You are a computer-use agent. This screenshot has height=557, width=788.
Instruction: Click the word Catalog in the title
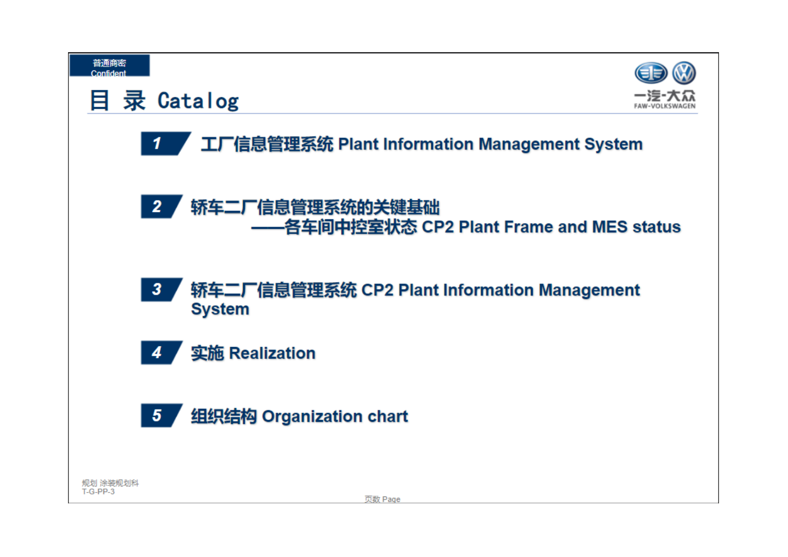coord(198,101)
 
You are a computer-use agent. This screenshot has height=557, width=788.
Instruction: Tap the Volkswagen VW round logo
coord(684,73)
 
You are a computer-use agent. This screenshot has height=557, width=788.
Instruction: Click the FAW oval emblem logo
coord(651,73)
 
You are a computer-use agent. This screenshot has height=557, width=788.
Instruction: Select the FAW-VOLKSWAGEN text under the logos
coord(664,106)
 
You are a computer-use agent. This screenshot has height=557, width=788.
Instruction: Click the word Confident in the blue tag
coord(108,73)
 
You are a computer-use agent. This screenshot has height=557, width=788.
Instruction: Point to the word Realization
coord(272,353)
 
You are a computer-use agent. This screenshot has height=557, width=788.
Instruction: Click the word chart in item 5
coord(387,416)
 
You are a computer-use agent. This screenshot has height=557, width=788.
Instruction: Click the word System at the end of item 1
coord(613,144)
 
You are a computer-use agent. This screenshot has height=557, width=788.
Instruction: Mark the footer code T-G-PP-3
coord(98,491)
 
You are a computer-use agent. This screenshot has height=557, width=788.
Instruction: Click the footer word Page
coord(391,499)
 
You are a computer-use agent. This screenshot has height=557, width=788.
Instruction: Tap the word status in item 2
coord(656,227)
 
